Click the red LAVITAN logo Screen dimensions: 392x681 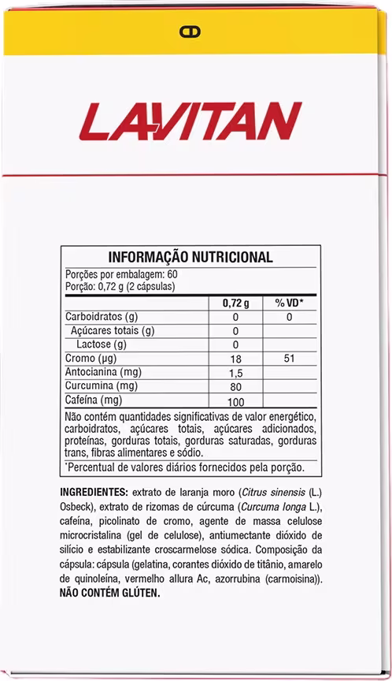coord(190,121)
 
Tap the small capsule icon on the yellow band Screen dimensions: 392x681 coord(190,32)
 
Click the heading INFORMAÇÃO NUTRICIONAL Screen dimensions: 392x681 coord(190,257)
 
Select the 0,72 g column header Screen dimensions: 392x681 coord(235,303)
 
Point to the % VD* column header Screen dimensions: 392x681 coord(289,303)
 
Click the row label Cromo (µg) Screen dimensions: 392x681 coord(89,359)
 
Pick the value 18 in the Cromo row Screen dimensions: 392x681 coord(235,359)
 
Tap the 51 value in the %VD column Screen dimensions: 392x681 coord(289,359)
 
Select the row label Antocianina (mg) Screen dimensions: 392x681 coord(102,372)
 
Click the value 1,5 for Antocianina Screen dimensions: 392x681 coord(235,373)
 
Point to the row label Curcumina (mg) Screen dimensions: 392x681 coord(100,386)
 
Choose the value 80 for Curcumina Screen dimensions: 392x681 coord(235,387)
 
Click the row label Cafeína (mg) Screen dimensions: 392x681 coord(94,400)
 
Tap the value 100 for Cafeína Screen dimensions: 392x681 coord(235,402)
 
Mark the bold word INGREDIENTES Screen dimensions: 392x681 coord(94,492)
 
